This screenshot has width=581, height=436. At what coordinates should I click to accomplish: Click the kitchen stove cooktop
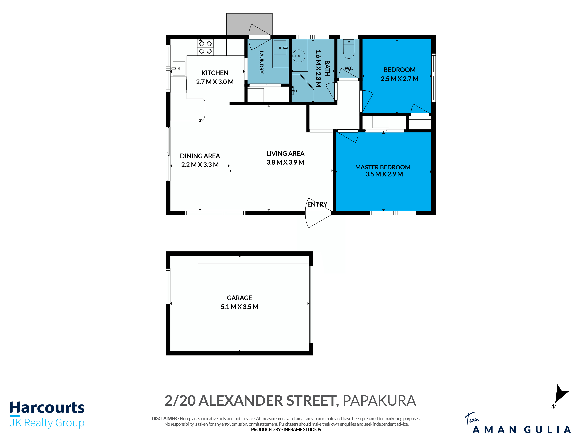205,47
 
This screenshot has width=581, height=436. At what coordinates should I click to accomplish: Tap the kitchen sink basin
179,68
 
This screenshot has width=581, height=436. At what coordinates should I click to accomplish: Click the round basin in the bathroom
299,56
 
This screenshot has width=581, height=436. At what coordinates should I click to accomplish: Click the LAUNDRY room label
261,62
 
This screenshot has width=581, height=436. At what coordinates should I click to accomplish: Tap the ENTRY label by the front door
317,204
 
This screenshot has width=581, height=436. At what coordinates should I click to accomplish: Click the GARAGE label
239,298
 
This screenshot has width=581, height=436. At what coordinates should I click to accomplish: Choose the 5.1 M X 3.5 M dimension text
239,307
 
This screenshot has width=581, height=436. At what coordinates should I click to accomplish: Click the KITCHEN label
215,73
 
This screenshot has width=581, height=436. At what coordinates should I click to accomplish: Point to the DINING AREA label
200,156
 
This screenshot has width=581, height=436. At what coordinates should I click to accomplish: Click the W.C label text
349,68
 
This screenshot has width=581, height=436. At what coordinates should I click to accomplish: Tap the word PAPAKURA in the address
379,401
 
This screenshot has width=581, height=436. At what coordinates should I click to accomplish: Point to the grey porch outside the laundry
249,24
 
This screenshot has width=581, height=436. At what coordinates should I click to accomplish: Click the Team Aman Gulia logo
517,423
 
